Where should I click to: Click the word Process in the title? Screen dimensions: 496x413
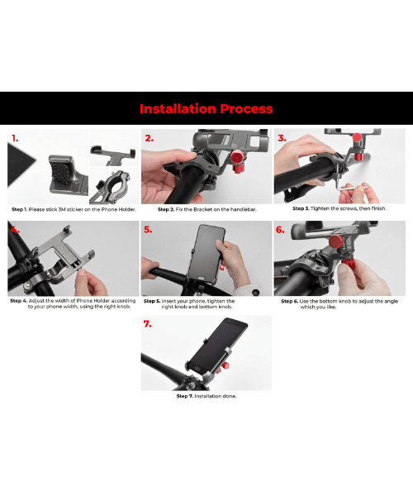click(246, 108)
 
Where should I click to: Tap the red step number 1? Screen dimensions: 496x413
click(16, 138)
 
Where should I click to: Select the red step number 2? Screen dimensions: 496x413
click(149, 138)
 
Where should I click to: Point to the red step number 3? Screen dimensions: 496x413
click(282, 138)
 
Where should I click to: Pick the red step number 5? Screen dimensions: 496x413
click(149, 230)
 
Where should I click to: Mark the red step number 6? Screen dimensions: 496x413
click(281, 230)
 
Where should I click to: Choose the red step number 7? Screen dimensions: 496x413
click(148, 324)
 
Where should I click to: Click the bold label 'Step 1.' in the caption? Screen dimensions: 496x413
click(20, 209)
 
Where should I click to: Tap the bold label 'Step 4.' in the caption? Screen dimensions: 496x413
click(20, 301)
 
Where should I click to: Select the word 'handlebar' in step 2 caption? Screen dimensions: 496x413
click(239, 209)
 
